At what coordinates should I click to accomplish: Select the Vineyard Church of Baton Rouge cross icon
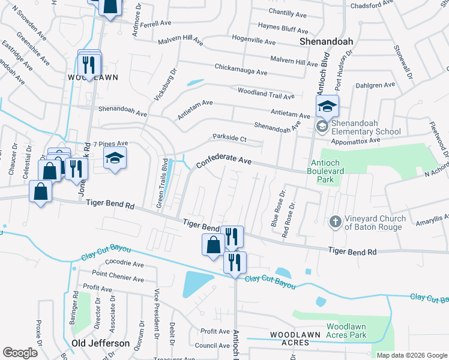click(336, 223)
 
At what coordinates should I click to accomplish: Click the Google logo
click(20, 353)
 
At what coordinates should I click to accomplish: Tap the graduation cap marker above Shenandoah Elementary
click(327, 107)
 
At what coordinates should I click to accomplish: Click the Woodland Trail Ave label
click(266, 92)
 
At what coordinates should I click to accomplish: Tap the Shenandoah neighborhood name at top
click(326, 41)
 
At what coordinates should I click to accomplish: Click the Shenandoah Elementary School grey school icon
click(322, 127)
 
